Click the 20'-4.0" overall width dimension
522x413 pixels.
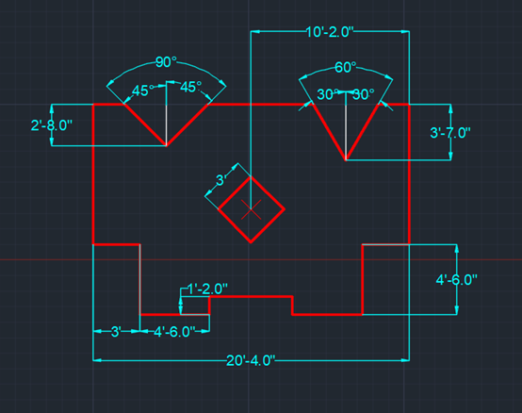pos(251,360)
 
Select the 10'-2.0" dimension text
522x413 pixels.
pos(329,32)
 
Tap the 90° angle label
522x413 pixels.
pos(166,62)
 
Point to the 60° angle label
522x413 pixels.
pos(345,67)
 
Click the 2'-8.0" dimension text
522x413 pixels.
pos(51,125)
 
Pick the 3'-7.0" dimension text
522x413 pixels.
pos(450,133)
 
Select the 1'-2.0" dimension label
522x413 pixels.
pos(207,289)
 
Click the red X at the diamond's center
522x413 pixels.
pos(251,210)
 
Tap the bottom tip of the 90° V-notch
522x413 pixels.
pos(166,145)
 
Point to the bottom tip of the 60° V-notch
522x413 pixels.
pos(346,160)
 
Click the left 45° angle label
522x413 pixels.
pos(143,91)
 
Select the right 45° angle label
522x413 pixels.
pos(190,87)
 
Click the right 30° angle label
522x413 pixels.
pos(363,94)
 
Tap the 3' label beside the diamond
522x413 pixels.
pos(221,180)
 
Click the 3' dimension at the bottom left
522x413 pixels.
pos(116,332)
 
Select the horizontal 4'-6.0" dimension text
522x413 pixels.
pos(174,332)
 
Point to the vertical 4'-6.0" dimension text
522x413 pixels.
pos(456,280)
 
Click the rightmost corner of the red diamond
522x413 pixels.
pos(285,209)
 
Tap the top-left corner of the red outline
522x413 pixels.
pos(93,105)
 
